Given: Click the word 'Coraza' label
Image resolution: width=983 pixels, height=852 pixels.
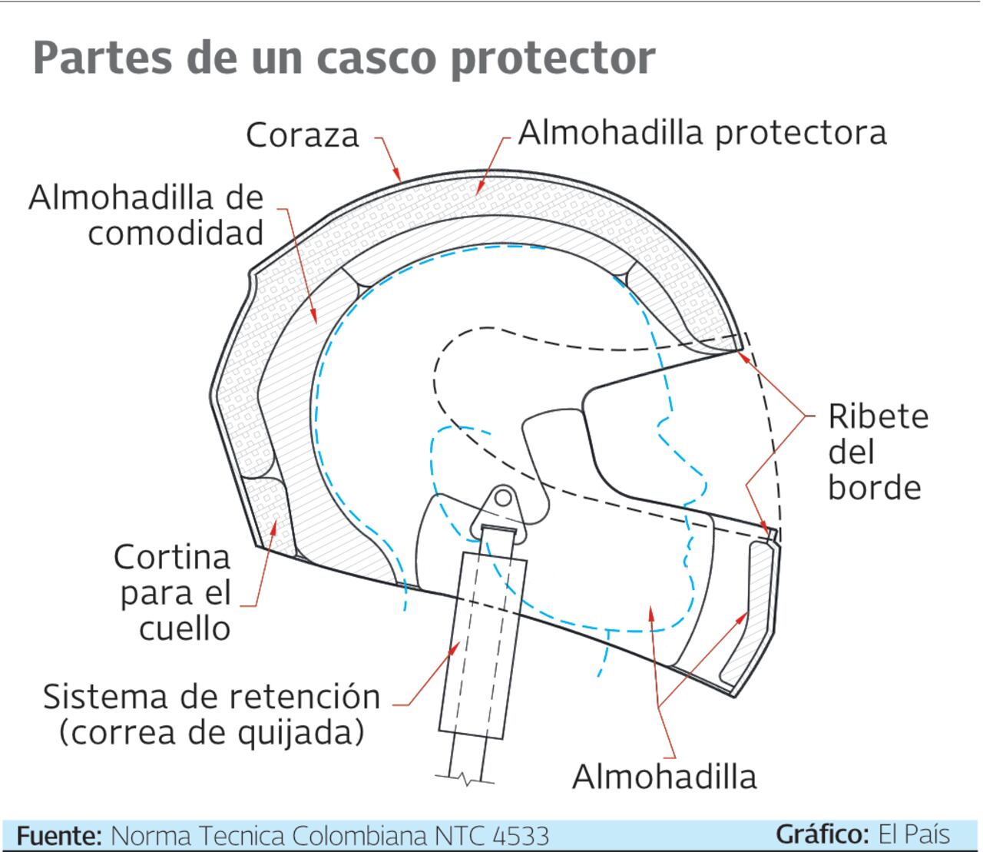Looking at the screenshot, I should click(x=303, y=135).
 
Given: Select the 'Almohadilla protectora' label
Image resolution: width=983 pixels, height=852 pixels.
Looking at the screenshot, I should click(x=702, y=132).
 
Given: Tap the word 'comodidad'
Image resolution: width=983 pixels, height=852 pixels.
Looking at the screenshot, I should click(x=176, y=233).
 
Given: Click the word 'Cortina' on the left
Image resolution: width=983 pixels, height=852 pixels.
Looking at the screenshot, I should click(x=172, y=557).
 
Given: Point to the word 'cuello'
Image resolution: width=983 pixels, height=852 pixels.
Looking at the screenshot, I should click(x=185, y=628).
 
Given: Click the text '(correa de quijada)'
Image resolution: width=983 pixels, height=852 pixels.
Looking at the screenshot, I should click(x=212, y=732).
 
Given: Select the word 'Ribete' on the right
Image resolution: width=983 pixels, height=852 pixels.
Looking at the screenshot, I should click(x=879, y=416).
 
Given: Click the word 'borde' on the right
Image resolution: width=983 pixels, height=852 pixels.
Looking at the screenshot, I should click(x=874, y=487).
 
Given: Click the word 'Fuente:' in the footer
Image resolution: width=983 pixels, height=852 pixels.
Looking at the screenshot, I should click(x=58, y=835).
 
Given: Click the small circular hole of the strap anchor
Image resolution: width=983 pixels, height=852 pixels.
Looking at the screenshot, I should click(x=502, y=499).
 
